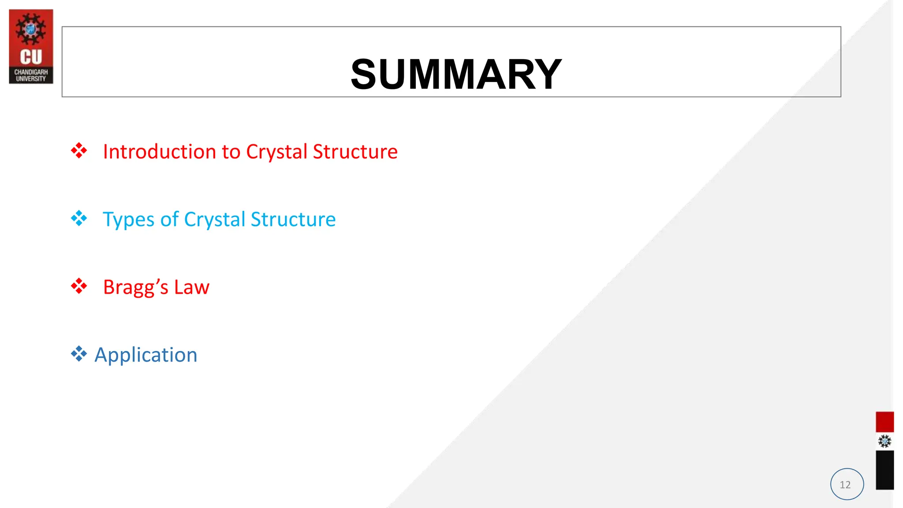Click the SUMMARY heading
click(x=456, y=74)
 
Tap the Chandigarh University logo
click(x=31, y=46)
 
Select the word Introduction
click(x=160, y=152)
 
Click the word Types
click(x=129, y=220)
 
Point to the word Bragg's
click(x=136, y=288)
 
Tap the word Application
click(x=146, y=355)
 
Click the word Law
click(x=192, y=287)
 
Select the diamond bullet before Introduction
click(x=79, y=151)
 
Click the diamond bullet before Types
click(x=79, y=218)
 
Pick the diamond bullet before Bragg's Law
click(x=79, y=286)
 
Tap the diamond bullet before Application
click(x=79, y=354)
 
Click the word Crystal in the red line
click(x=276, y=152)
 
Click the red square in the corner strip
click(x=884, y=422)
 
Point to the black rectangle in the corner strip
click(x=884, y=470)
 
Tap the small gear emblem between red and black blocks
click(x=884, y=441)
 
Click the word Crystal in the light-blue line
click(x=215, y=220)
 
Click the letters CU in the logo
click(x=31, y=57)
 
